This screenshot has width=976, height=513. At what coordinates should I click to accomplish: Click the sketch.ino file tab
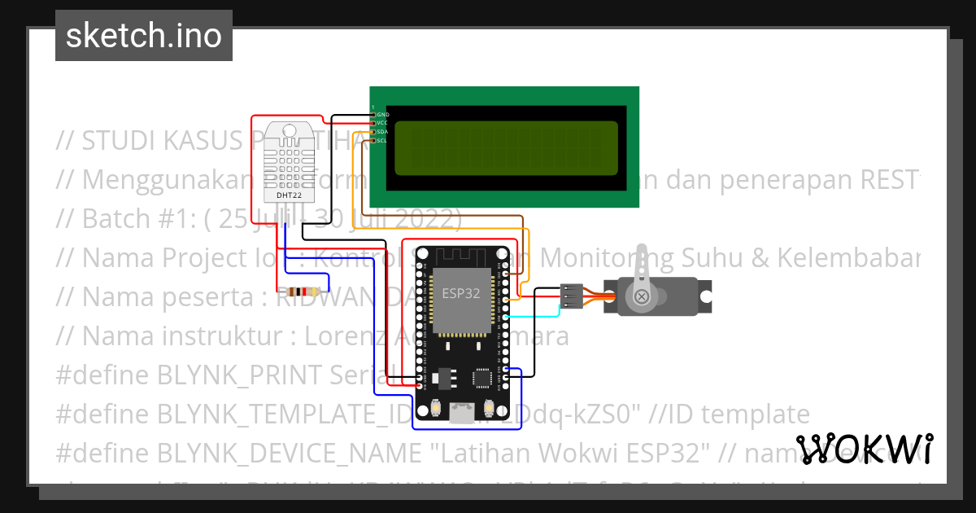pyautogui.click(x=144, y=36)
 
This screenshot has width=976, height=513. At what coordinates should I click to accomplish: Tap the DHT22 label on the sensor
pyautogui.click(x=290, y=195)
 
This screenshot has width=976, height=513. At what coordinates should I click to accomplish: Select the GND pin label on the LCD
pyautogui.click(x=383, y=115)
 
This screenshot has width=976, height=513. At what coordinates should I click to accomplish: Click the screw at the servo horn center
pyautogui.click(x=642, y=296)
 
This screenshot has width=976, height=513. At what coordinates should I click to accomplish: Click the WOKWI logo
pyautogui.click(x=865, y=449)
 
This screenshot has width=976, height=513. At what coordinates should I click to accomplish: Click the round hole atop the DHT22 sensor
pyautogui.click(x=290, y=131)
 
